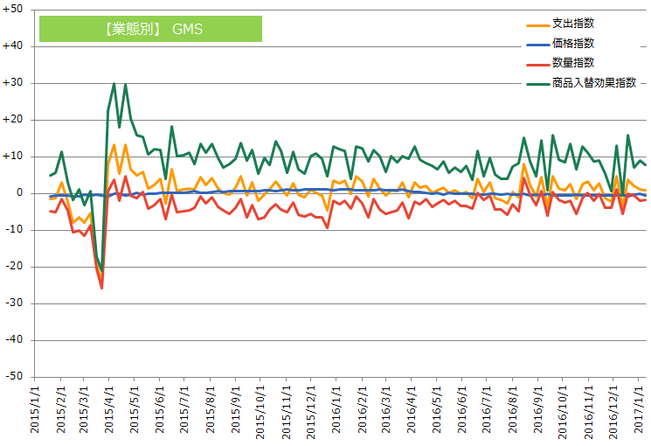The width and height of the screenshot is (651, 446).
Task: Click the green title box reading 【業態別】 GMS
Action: (x=150, y=29)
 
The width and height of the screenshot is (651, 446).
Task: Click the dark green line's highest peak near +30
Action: (x=114, y=84)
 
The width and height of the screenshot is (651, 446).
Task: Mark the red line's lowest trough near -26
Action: (x=102, y=288)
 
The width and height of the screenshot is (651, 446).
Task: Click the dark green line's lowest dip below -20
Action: (x=102, y=270)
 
